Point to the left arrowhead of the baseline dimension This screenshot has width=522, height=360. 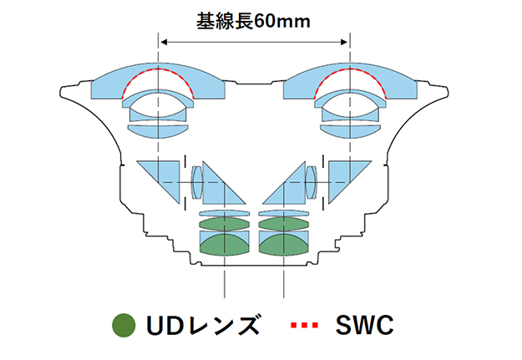click(x=163, y=40)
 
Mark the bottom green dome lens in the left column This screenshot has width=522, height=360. click(x=224, y=245)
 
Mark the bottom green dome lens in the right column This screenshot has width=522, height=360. click(x=285, y=245)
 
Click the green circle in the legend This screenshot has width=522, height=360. click(x=124, y=324)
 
